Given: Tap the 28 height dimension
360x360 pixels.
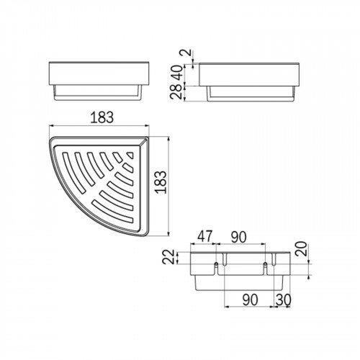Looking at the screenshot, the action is click(x=177, y=92).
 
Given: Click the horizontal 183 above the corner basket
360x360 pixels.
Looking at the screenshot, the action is click(x=102, y=117).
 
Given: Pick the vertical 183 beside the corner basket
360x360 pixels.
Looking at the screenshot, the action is click(x=161, y=182).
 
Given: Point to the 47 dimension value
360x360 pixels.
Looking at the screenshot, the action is click(x=204, y=236).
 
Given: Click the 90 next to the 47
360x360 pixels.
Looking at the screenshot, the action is click(x=239, y=237).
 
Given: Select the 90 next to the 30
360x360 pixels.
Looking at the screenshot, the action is click(x=250, y=300).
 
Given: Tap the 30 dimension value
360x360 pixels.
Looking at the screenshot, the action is click(x=284, y=300).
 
